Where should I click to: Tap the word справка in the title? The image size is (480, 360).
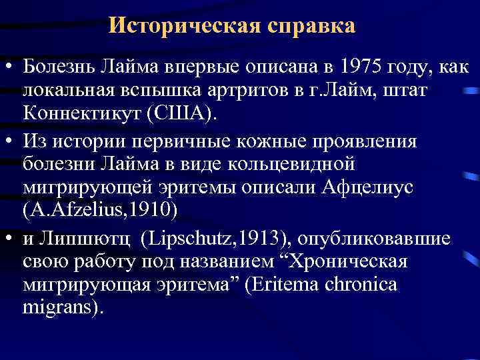pos(312,27)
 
